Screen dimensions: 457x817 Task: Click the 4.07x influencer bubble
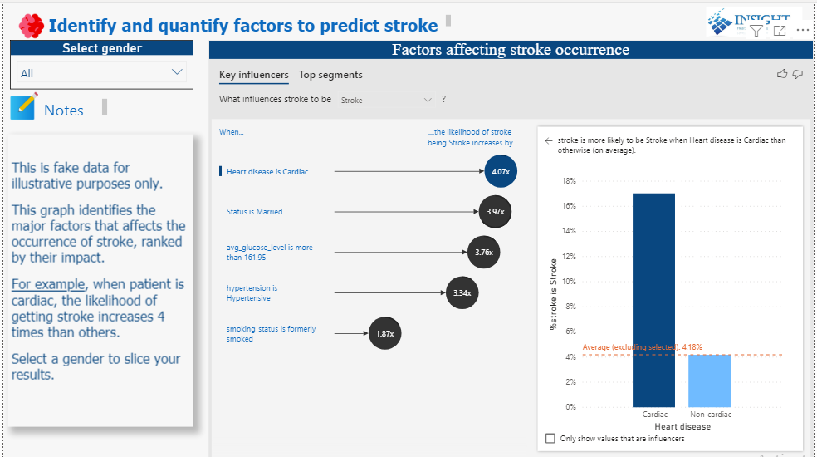tap(500, 171)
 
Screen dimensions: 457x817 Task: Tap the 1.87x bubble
tap(384, 333)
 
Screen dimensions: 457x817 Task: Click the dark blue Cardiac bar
tap(653, 299)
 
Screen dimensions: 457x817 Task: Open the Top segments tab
tap(330, 75)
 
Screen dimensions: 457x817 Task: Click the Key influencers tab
tap(254, 75)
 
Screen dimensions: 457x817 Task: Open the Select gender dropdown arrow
tap(176, 72)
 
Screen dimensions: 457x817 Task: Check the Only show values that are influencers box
tap(550, 438)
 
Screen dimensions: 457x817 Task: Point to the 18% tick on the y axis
tap(569, 181)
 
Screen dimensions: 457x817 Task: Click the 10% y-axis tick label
tap(569, 282)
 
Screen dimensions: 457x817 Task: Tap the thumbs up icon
tap(781, 75)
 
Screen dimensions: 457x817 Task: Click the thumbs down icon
tap(798, 75)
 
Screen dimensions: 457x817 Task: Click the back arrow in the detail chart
tap(548, 141)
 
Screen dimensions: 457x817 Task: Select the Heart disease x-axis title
tap(682, 426)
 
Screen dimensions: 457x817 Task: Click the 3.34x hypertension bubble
tap(462, 292)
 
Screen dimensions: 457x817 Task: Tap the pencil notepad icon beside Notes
tap(23, 108)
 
